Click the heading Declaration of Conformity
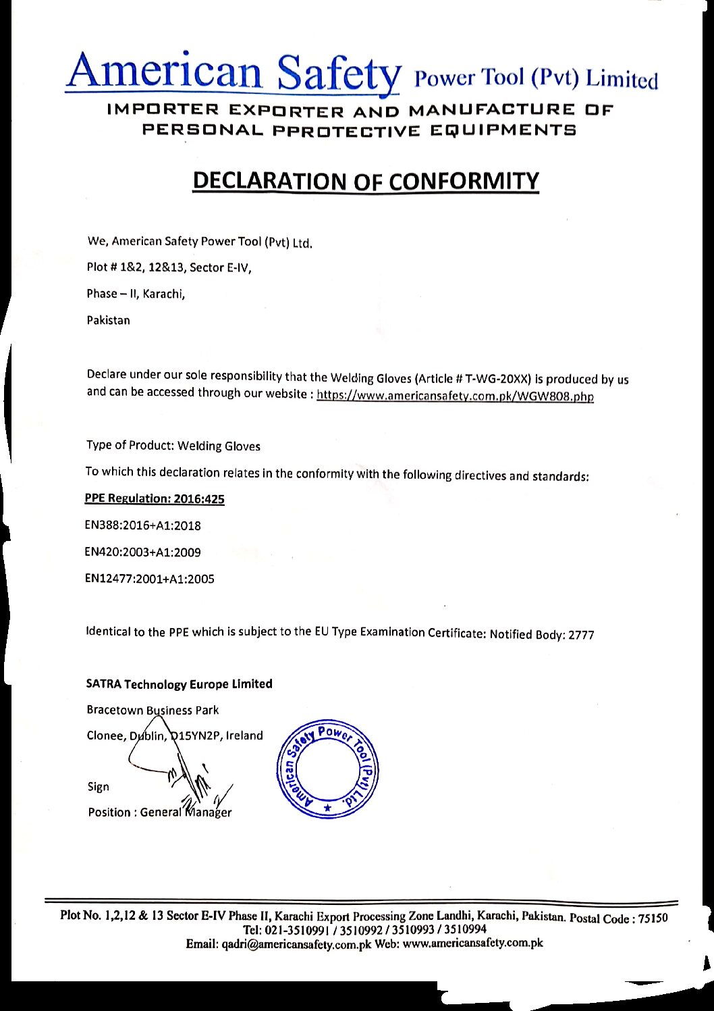point(366,181)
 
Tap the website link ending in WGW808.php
point(455,396)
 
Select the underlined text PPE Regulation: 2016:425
point(155,498)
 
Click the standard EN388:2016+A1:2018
point(142,525)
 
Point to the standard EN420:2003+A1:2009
point(142,552)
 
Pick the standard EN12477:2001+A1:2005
point(149,579)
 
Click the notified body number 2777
point(581,635)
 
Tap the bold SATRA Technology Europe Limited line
point(179,683)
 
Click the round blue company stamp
point(328,769)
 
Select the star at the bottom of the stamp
point(328,808)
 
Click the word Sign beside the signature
point(98,787)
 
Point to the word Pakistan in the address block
point(108,320)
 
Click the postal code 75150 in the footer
point(653,918)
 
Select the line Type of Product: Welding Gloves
point(173,446)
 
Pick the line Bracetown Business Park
point(153,710)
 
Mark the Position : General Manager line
point(159,812)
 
